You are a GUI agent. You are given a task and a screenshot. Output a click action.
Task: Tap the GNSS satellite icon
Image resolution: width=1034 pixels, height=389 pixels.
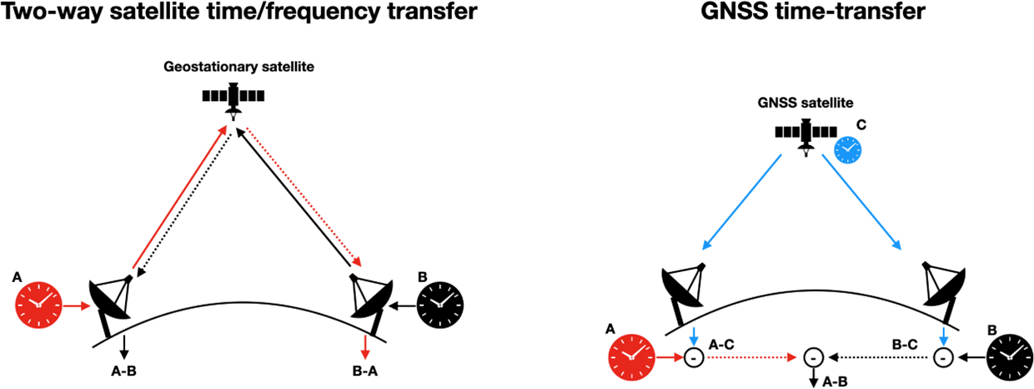806,133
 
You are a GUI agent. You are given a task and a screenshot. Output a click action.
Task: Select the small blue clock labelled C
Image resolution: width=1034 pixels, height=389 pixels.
847,149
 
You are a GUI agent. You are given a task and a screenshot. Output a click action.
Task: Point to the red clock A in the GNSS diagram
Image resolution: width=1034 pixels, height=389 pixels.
632,358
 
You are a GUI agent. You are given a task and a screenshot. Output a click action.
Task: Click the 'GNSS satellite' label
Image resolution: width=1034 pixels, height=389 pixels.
806,103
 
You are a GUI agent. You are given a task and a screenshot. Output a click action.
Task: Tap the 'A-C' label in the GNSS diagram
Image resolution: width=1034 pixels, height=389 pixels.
721,343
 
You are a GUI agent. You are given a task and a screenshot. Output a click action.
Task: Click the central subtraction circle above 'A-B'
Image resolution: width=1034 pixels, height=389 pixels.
815,357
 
